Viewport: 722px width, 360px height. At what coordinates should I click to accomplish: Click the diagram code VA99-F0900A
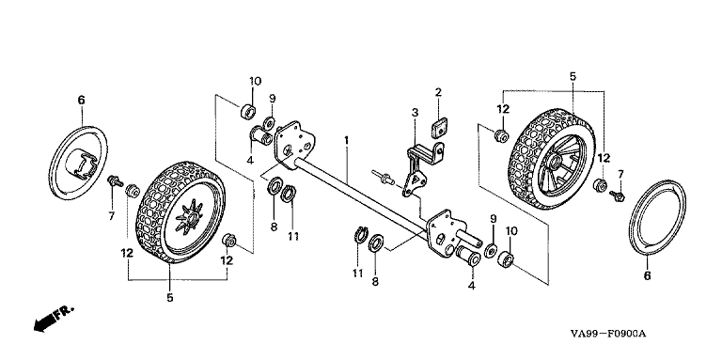pyautogui.click(x=608, y=334)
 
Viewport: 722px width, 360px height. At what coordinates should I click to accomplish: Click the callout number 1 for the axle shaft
pyautogui.click(x=346, y=138)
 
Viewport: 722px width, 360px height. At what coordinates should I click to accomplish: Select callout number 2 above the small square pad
pyautogui.click(x=438, y=91)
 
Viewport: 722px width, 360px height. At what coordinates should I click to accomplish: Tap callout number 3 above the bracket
pyautogui.click(x=415, y=112)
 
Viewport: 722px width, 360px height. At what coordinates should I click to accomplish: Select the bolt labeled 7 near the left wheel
pyautogui.click(x=114, y=180)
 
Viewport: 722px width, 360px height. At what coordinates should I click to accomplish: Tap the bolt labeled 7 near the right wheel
pyautogui.click(x=617, y=196)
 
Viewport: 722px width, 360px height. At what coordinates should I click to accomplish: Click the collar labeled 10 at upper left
pyautogui.click(x=249, y=112)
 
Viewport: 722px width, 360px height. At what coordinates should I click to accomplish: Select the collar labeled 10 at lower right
pyautogui.click(x=507, y=258)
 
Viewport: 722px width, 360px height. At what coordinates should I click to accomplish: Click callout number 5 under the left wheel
pyautogui.click(x=170, y=298)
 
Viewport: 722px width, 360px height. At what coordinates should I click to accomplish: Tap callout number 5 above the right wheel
pyautogui.click(x=573, y=76)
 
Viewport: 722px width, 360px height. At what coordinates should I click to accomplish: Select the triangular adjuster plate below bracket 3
pyautogui.click(x=414, y=180)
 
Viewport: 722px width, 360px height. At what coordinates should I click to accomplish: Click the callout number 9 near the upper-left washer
pyautogui.click(x=272, y=99)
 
